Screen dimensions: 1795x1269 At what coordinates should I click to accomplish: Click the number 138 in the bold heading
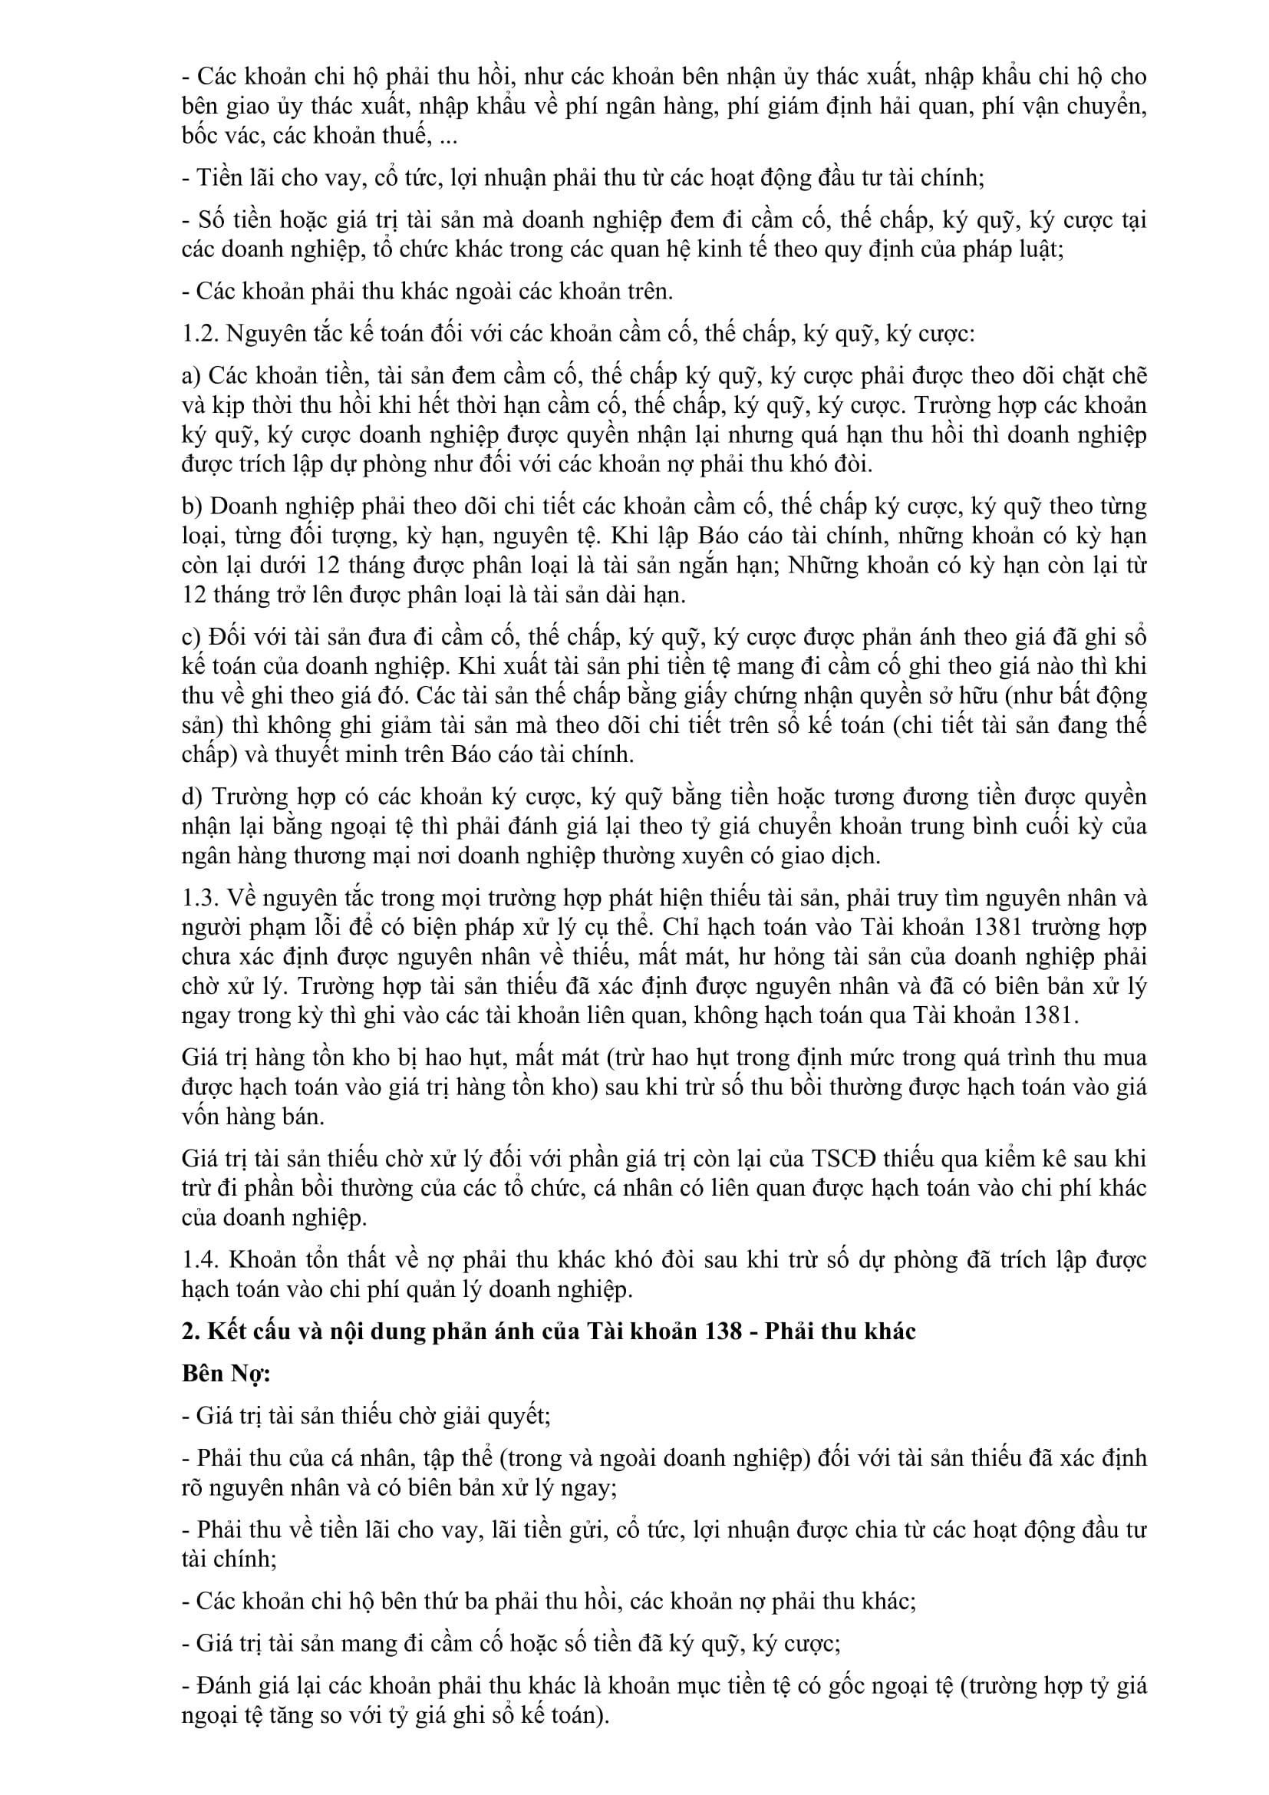click(721, 1331)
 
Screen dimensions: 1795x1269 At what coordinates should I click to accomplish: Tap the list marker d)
click(193, 797)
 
